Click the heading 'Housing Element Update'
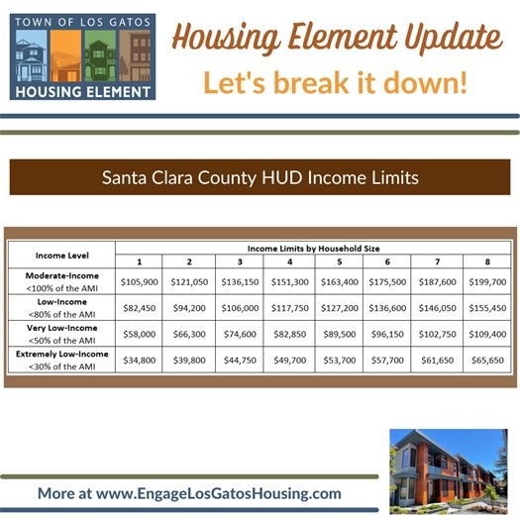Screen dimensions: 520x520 336,39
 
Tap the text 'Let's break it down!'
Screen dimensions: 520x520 335,82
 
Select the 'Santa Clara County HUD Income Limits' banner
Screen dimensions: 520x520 260,178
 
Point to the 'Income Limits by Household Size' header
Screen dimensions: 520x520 312,247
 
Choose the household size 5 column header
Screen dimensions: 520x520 338,261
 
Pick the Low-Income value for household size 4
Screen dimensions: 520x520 288,308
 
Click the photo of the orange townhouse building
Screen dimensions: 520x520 448,466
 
